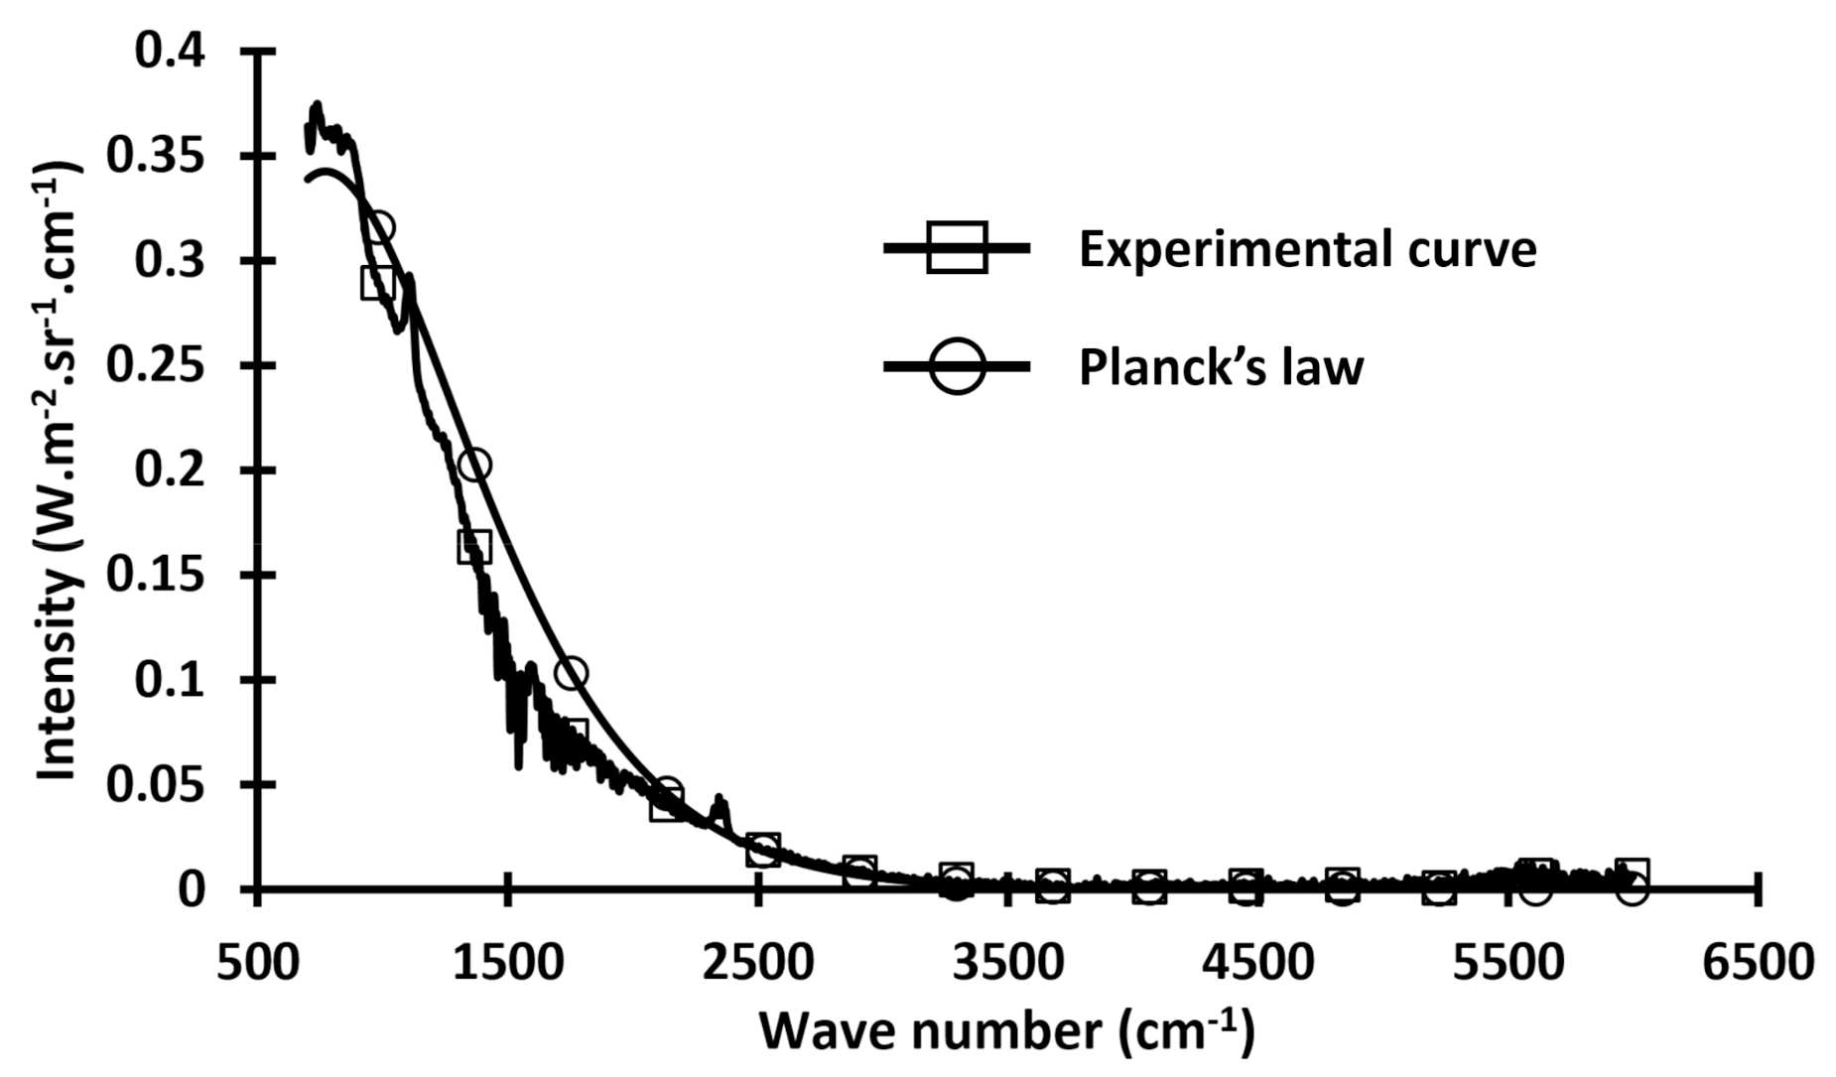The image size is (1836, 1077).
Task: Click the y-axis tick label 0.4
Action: [170, 52]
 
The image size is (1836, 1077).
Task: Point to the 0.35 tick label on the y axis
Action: [156, 157]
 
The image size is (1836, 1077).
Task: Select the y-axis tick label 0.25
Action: [156, 366]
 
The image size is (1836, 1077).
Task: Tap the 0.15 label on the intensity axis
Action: [156, 576]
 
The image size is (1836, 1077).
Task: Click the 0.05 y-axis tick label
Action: [156, 785]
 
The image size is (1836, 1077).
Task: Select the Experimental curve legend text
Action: [1307, 248]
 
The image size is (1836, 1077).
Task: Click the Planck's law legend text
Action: [1221, 366]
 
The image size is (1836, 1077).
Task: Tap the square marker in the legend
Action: [956, 248]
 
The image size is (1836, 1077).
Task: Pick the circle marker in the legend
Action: [956, 366]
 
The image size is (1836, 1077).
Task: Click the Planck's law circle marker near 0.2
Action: [475, 465]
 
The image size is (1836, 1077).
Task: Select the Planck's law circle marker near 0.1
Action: [571, 674]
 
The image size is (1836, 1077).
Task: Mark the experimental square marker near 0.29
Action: [378, 283]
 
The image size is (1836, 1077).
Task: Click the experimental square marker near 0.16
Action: [474, 546]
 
